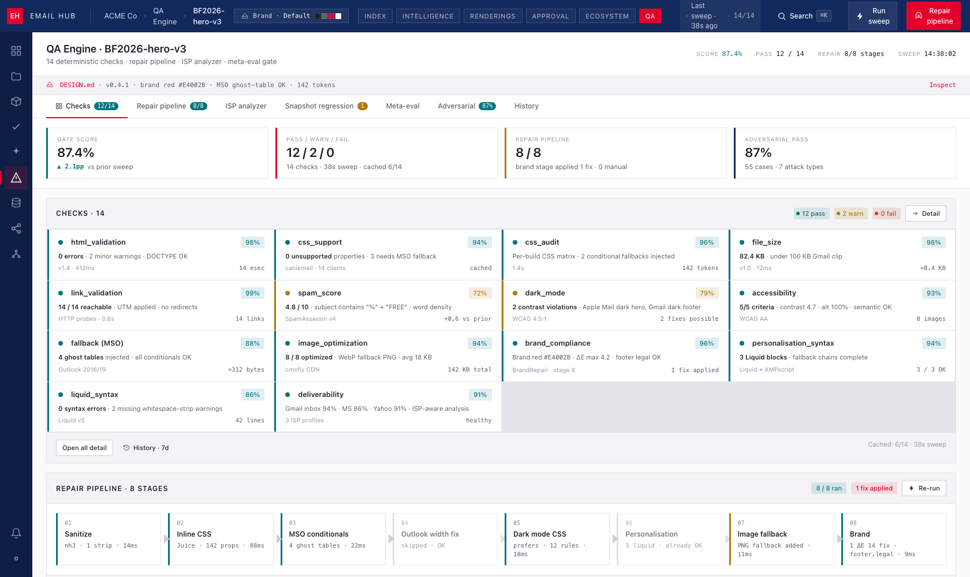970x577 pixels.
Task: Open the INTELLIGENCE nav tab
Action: click(x=428, y=16)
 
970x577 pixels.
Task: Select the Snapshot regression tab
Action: click(x=326, y=106)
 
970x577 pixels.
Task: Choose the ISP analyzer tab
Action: click(x=245, y=106)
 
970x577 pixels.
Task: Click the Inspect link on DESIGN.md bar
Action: click(x=942, y=85)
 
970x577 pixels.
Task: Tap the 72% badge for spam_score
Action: click(x=480, y=293)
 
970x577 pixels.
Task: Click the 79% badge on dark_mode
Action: click(x=707, y=293)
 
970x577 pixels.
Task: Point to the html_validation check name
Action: click(x=98, y=242)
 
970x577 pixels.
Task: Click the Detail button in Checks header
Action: click(x=926, y=213)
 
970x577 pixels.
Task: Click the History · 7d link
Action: click(x=146, y=448)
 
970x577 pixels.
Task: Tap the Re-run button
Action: click(x=924, y=488)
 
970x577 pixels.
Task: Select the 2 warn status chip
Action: click(x=850, y=213)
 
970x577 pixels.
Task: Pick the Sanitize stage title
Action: click(x=79, y=534)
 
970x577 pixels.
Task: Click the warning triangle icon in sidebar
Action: click(x=16, y=178)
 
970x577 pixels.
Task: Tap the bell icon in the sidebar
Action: click(x=16, y=533)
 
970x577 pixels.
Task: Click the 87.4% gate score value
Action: click(x=76, y=153)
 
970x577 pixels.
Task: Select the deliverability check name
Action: click(x=321, y=394)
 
